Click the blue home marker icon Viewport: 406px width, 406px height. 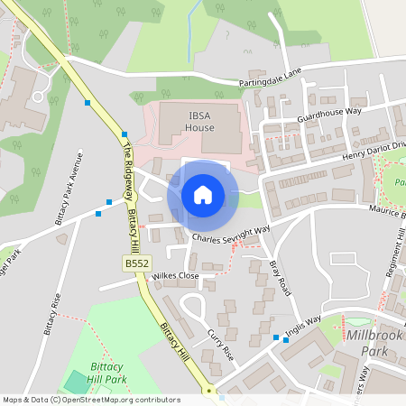coord(203,195)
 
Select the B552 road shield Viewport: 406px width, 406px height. coord(136,262)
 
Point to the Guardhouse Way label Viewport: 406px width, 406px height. coord(328,115)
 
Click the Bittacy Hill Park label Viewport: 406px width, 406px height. coord(113,374)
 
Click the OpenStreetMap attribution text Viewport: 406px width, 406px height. coord(90,399)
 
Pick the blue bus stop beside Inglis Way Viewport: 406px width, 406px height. coord(276,337)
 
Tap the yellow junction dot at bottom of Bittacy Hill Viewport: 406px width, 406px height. coord(208,392)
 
